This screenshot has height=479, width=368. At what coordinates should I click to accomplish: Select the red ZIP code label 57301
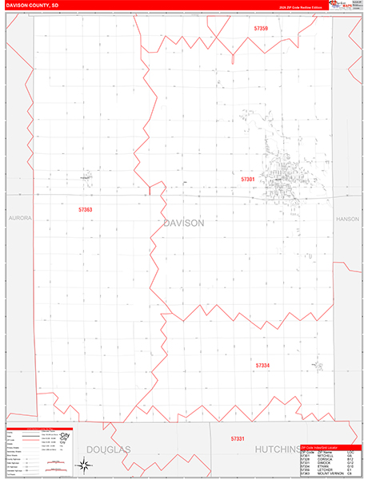pos(248,180)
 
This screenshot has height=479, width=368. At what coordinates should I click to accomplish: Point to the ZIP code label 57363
pos(85,210)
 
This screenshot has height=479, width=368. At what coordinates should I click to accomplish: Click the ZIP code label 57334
pos(262,365)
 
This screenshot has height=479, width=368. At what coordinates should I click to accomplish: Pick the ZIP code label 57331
pos(237,439)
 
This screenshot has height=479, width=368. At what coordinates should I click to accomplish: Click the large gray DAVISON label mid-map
pos(183,223)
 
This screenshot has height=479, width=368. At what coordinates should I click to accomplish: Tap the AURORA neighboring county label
pos(18,217)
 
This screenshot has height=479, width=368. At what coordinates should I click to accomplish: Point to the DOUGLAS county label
pos(108,450)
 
